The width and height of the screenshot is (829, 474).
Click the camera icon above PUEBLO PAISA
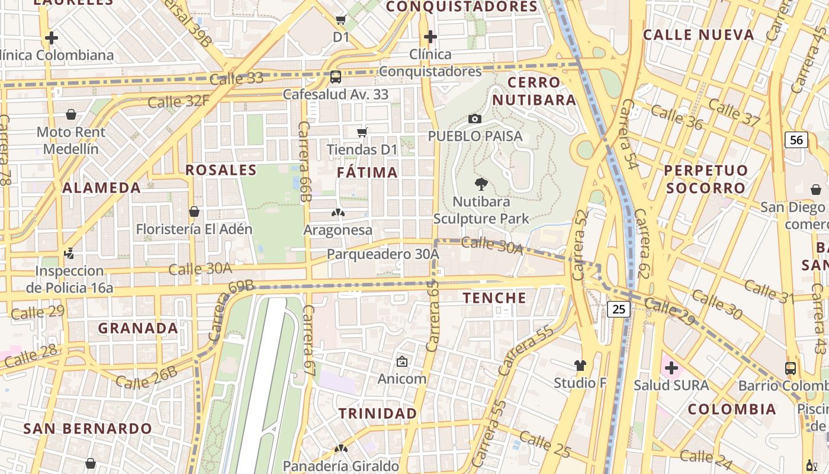(x=474, y=118)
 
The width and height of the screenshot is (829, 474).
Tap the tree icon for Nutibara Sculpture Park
(x=481, y=184)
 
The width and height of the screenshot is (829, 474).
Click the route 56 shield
(x=796, y=140)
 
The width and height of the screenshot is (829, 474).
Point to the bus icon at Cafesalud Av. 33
(x=335, y=77)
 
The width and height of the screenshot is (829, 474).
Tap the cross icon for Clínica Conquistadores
(x=430, y=37)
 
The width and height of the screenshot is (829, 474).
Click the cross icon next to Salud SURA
(x=671, y=368)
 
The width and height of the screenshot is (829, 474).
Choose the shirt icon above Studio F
(x=580, y=366)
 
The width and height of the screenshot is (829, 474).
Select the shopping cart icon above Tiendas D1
(x=362, y=132)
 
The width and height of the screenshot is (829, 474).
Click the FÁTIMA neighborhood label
(x=367, y=172)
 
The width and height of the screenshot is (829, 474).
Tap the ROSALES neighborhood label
(x=221, y=170)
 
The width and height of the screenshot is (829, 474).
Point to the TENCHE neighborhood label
(x=494, y=297)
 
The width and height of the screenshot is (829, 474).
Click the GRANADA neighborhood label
(x=138, y=328)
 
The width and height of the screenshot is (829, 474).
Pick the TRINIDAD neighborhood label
(x=378, y=413)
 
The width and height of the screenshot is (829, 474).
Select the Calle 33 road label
(x=236, y=78)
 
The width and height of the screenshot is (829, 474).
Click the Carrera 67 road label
(x=308, y=337)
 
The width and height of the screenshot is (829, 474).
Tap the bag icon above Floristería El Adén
(x=194, y=212)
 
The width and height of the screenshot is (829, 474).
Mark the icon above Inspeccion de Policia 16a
(x=69, y=254)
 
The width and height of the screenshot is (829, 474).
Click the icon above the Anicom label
(x=402, y=361)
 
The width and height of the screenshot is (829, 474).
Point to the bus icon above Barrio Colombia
(x=791, y=368)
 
